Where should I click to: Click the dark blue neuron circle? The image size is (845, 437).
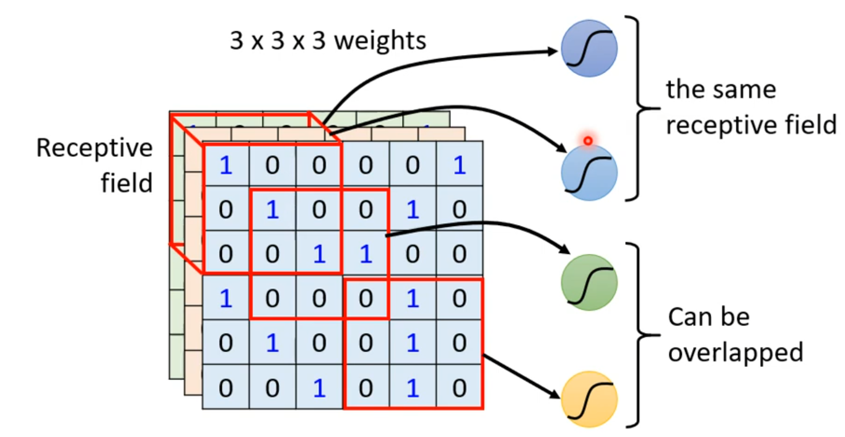(589, 49)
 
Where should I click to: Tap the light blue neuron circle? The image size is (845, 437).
(589, 173)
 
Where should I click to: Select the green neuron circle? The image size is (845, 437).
(589, 282)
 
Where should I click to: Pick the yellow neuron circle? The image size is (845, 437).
(589, 399)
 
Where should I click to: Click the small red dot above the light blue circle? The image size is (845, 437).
(588, 141)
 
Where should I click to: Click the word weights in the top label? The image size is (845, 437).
(384, 41)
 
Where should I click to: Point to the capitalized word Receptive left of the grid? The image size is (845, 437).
(94, 148)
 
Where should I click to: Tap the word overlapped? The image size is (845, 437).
(735, 352)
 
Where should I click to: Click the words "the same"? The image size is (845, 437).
(720, 90)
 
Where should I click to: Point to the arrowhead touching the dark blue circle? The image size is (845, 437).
(554, 51)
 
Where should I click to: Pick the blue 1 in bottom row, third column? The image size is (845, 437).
(319, 388)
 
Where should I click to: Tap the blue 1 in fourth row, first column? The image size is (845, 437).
(226, 299)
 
